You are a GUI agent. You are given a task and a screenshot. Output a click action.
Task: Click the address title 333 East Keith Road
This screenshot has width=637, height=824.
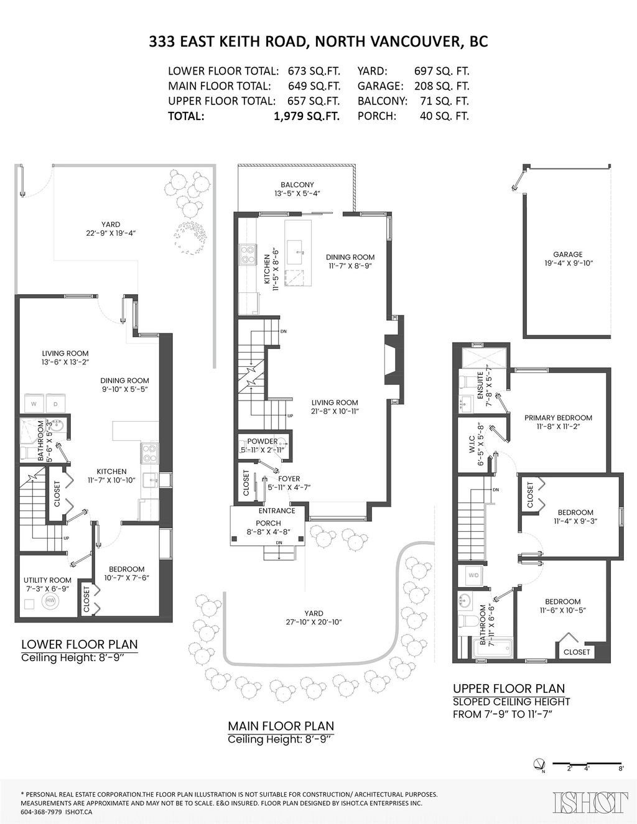click(318, 42)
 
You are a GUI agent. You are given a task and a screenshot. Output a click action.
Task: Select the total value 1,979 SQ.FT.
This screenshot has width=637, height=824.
click(306, 116)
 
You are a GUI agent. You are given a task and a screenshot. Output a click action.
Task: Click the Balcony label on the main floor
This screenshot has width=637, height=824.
click(297, 185)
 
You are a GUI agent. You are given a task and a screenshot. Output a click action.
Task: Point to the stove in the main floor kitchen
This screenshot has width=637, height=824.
click(248, 254)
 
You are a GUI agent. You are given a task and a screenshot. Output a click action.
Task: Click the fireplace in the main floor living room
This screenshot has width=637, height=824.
click(392, 361)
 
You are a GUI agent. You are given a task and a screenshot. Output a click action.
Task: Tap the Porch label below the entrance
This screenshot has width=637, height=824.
click(268, 523)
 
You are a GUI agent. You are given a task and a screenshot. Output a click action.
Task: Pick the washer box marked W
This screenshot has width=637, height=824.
click(34, 404)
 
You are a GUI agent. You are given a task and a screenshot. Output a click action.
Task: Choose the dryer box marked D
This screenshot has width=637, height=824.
click(55, 404)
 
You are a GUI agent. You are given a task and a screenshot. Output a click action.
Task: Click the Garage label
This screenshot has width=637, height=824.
click(567, 254)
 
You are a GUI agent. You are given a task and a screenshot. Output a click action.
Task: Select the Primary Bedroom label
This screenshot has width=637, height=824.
click(558, 418)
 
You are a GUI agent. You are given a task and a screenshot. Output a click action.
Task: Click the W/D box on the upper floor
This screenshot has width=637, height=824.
click(473, 575)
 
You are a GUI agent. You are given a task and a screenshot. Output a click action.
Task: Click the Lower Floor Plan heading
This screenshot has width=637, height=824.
click(80, 644)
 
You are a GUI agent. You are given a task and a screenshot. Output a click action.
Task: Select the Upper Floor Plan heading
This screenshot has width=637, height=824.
click(509, 688)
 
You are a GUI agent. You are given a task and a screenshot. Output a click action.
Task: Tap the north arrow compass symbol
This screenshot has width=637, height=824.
click(539, 764)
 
